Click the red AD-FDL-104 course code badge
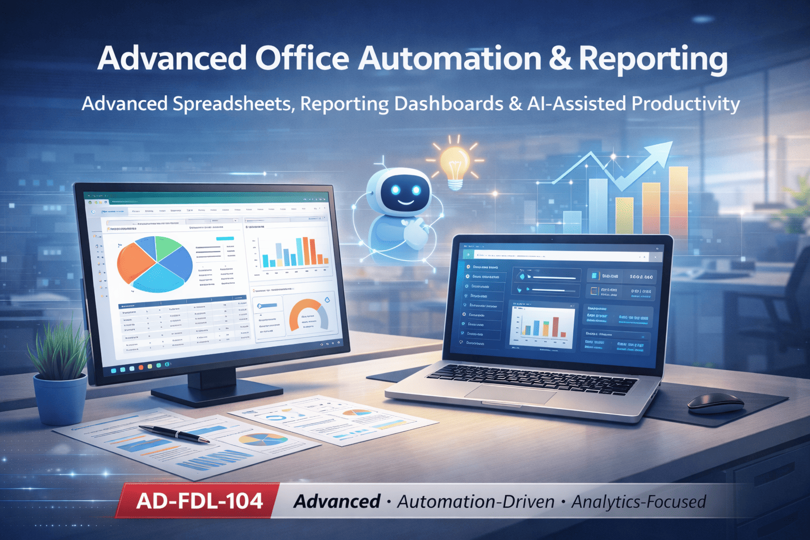pyautogui.click(x=199, y=500)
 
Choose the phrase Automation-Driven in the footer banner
pyautogui.click(x=476, y=502)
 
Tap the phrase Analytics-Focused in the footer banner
pyautogui.click(x=638, y=502)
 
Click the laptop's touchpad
pyautogui.click(x=517, y=393)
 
